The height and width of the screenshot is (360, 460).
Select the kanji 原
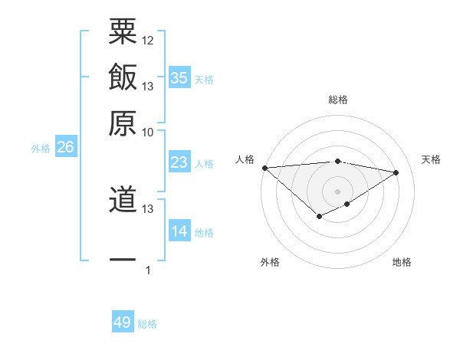click(122, 123)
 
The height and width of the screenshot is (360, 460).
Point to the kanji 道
click(122, 200)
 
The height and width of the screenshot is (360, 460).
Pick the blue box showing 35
click(179, 77)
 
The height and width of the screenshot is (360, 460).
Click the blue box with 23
click(179, 162)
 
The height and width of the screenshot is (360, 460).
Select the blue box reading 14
click(179, 231)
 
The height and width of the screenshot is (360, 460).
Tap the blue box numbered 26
click(65, 148)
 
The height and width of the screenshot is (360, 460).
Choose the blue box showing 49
click(123, 322)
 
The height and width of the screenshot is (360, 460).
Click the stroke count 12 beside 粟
click(148, 40)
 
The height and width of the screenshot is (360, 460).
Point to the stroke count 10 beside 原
click(148, 132)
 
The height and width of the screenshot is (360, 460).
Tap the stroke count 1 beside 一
click(148, 270)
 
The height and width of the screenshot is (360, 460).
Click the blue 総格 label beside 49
click(147, 324)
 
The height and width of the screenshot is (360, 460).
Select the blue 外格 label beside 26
click(41, 149)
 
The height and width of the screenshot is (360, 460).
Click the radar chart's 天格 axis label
click(431, 159)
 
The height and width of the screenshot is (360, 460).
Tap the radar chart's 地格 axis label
click(402, 262)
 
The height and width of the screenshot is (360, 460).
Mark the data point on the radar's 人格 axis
click(264, 168)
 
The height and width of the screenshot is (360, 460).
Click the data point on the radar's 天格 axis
click(396, 172)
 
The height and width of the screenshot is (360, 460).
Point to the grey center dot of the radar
click(337, 191)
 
